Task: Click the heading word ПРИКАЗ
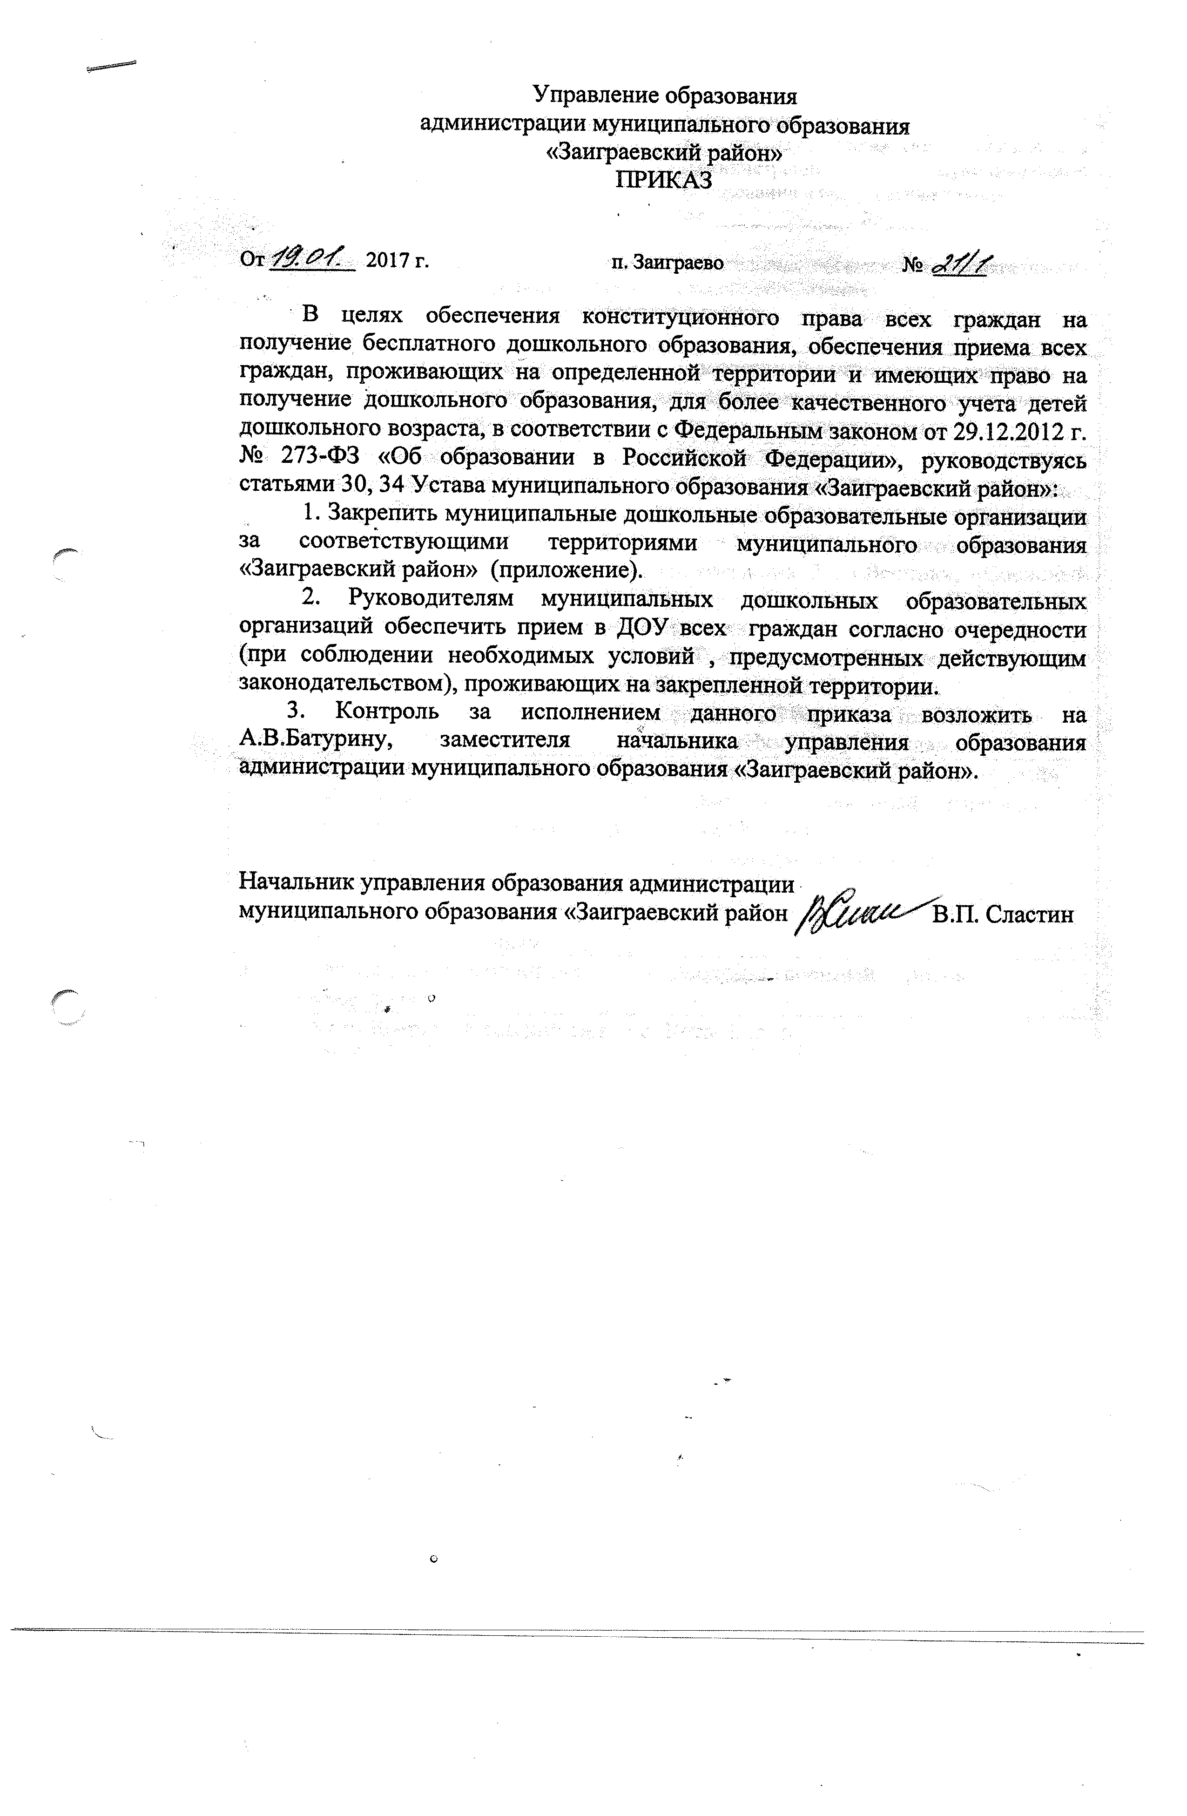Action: click(x=664, y=180)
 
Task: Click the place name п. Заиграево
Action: click(x=667, y=263)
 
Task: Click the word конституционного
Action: click(x=679, y=318)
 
